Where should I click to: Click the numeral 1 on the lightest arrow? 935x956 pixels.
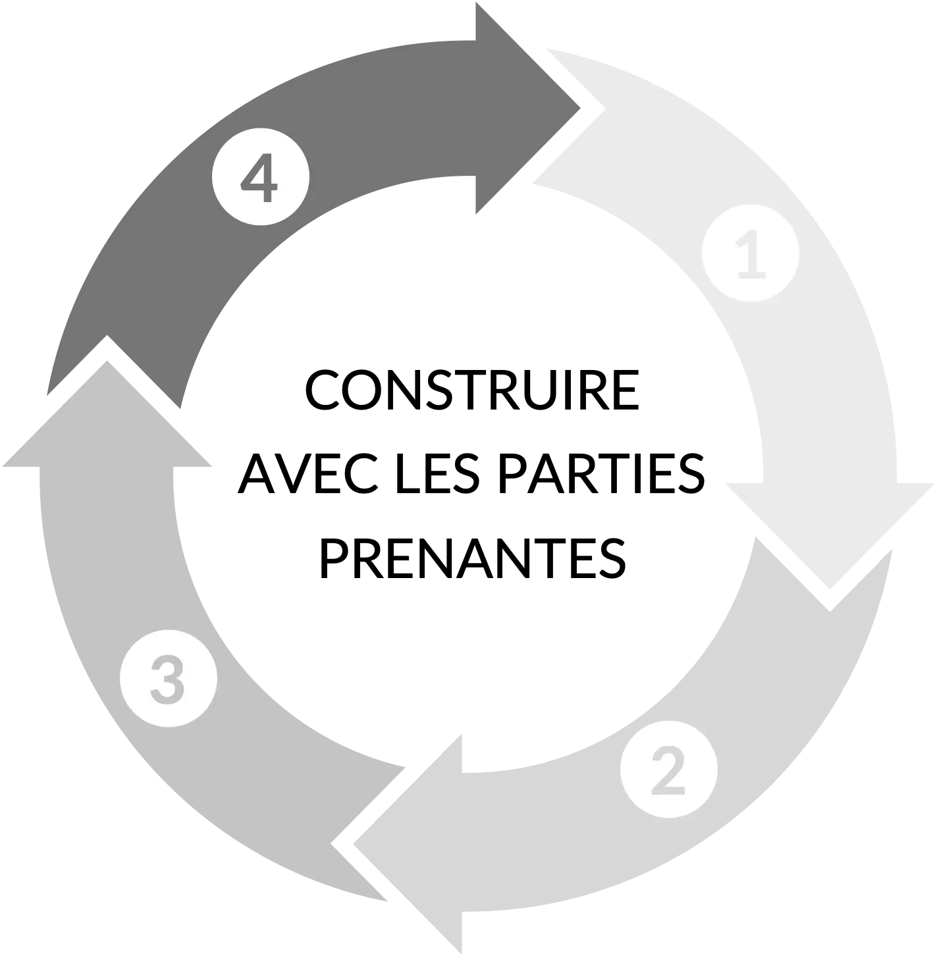click(751, 254)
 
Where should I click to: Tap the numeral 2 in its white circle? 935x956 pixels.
click(669, 769)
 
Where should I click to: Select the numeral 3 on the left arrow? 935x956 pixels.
click(168, 679)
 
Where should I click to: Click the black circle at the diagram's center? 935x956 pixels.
click(467, 474)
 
